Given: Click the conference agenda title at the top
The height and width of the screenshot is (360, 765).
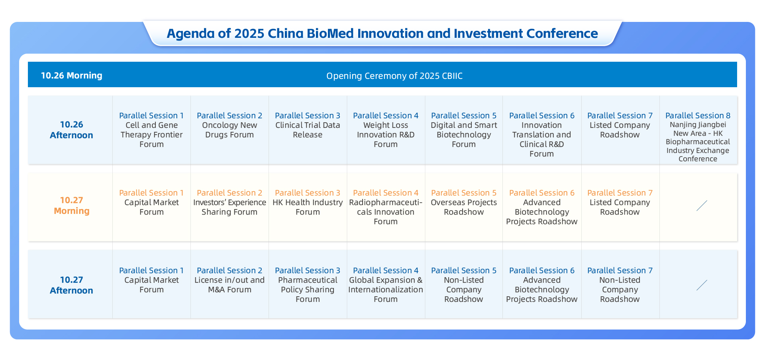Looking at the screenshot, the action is [x=382, y=33].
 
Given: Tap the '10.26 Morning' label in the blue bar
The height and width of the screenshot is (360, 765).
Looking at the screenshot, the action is [x=72, y=75].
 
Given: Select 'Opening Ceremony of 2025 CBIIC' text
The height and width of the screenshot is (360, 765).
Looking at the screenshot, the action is [x=394, y=76].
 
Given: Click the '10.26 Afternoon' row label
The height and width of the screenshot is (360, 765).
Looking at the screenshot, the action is [x=71, y=130].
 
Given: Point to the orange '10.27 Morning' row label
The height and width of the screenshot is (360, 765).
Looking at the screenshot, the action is [x=72, y=205].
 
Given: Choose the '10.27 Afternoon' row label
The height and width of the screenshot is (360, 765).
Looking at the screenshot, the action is [x=71, y=285].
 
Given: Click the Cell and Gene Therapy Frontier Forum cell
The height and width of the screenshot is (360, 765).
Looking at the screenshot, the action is [x=151, y=130].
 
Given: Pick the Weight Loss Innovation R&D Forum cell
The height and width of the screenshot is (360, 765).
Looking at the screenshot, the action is [x=386, y=130].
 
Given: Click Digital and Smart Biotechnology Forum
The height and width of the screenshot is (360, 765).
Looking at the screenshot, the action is [x=464, y=130].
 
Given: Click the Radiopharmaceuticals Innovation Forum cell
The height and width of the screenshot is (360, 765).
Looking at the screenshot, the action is [x=386, y=207].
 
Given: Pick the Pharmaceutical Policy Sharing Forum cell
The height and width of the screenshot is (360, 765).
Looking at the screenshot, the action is [x=308, y=285].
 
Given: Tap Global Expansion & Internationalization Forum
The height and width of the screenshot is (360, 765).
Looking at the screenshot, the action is [x=386, y=285].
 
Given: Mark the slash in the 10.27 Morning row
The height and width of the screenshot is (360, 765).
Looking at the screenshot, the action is [x=702, y=205].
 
